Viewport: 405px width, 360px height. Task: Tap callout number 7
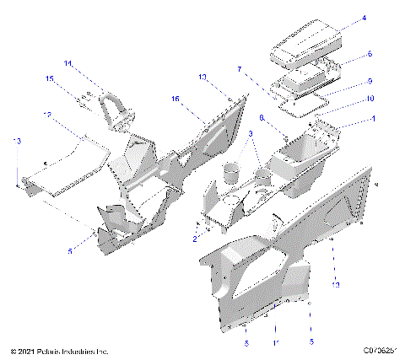coord(239,69)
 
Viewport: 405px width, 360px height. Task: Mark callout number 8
coord(262,118)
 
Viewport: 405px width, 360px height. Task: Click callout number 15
coord(49,78)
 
